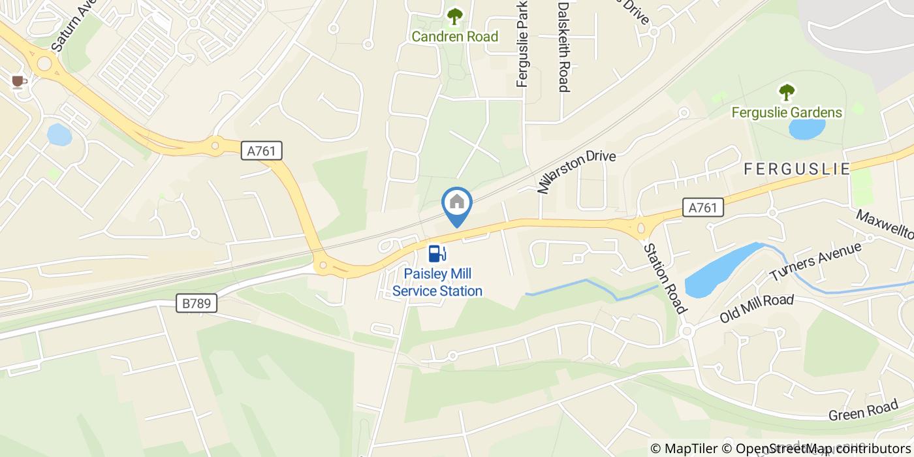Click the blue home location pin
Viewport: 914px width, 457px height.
point(457,204)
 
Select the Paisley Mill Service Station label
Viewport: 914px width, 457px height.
point(437,282)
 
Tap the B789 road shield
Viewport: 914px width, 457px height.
point(197,303)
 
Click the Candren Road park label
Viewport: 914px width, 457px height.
point(454,37)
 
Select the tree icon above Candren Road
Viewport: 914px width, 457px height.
point(454,15)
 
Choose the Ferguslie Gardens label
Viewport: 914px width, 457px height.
point(787,112)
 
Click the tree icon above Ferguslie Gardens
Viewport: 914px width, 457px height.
point(787,91)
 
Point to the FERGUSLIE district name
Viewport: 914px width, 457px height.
point(797,169)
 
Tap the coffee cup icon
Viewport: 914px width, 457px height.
point(18,81)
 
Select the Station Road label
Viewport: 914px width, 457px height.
point(665,277)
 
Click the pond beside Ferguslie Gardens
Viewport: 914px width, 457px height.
point(807,129)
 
